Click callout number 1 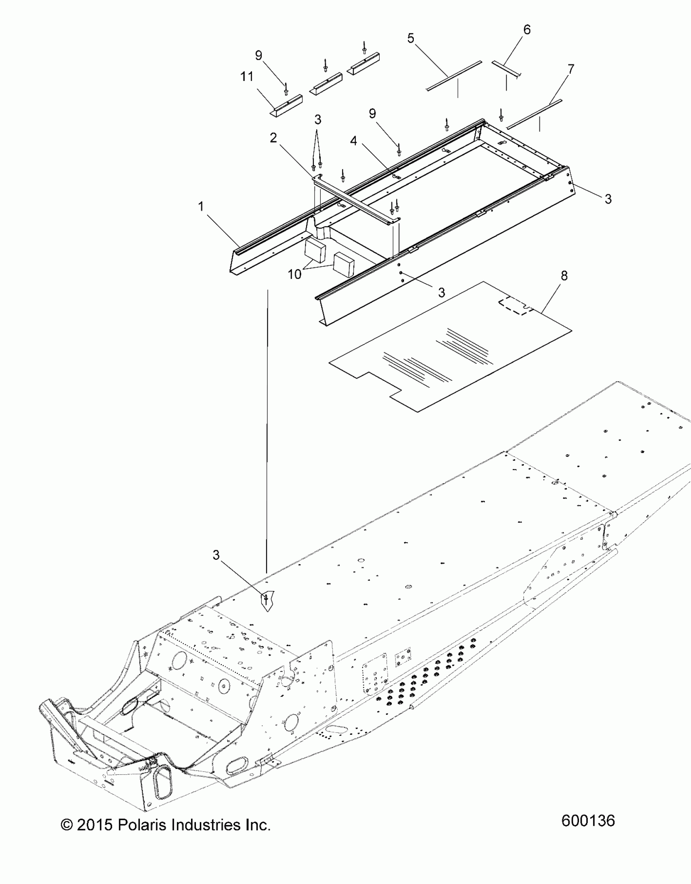(x=200, y=207)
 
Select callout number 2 (x=274, y=138)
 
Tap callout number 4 (x=354, y=141)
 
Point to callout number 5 (x=411, y=39)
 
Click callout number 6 (x=527, y=30)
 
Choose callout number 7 (x=571, y=70)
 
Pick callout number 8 (x=564, y=276)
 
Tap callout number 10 (x=295, y=274)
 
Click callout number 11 (x=247, y=76)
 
